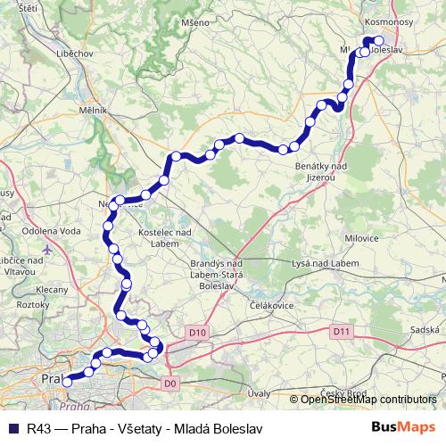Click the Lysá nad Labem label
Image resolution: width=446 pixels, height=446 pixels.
(326, 264)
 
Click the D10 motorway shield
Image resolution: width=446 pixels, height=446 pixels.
(197, 333)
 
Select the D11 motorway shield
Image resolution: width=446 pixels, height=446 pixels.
(340, 332)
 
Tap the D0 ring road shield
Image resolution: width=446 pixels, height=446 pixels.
(172, 383)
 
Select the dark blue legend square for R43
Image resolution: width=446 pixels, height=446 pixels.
(12, 427)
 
